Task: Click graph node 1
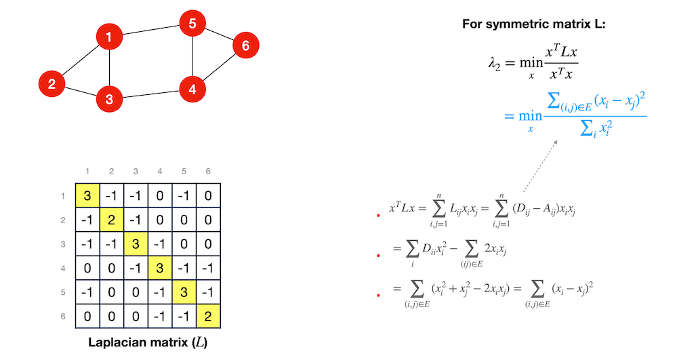[x=109, y=37]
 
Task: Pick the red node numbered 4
[x=192, y=89]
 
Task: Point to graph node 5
[x=192, y=24]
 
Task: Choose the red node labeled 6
[x=245, y=45]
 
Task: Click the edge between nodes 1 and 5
[x=150, y=31]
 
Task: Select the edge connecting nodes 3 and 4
[x=150, y=94]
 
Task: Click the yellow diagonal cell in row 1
[x=87, y=195]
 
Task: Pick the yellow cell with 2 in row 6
[x=208, y=316]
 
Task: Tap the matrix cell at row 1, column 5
[x=184, y=195]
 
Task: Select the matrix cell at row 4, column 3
[x=136, y=268]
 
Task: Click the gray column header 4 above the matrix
[x=159, y=172]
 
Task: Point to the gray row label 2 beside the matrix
[x=62, y=220]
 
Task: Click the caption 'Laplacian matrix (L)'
[x=148, y=342]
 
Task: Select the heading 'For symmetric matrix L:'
[x=533, y=24]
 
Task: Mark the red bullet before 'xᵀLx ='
[x=378, y=215]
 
